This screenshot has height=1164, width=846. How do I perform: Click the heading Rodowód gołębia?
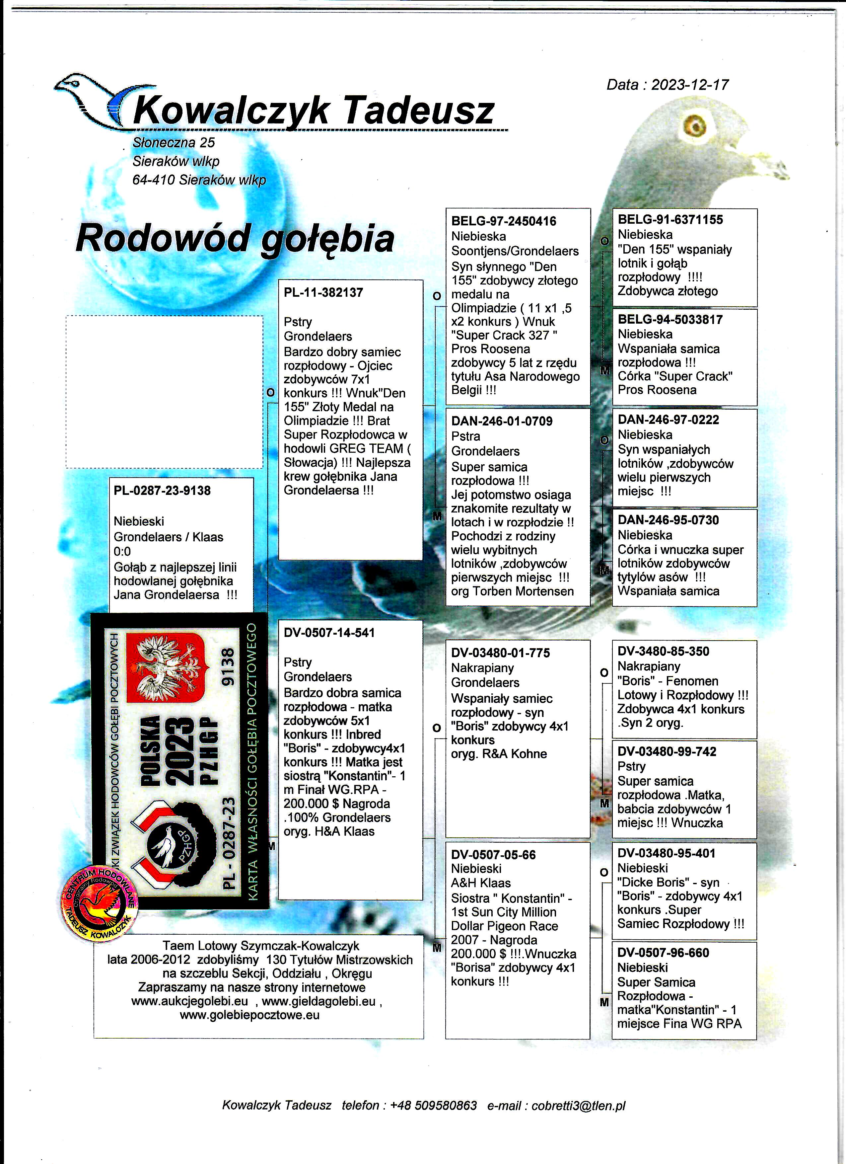(x=235, y=239)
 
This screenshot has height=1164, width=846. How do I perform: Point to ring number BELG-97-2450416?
(x=503, y=221)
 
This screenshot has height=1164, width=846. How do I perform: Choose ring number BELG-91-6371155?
(x=670, y=220)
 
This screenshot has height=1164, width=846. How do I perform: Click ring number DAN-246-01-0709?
(x=502, y=422)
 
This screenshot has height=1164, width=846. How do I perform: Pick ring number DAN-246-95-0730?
(x=668, y=520)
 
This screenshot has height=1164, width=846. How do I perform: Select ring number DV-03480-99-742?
(x=667, y=751)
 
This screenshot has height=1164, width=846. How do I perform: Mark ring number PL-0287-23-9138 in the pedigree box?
(x=162, y=491)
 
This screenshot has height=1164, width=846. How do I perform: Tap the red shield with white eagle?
(x=166, y=667)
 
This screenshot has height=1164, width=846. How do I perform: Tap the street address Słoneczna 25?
(x=174, y=143)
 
